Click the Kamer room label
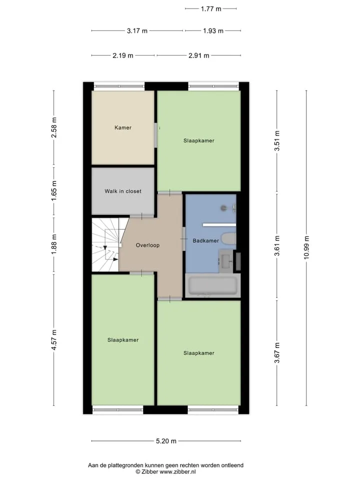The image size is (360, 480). pyautogui.click(x=123, y=127)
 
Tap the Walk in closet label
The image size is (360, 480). pyautogui.click(x=123, y=191)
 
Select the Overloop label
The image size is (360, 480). pyautogui.click(x=147, y=245)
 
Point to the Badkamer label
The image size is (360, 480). pyautogui.click(x=205, y=240)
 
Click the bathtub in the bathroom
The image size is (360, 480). pyautogui.click(x=213, y=285)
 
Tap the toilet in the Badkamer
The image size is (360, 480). pyautogui.click(x=228, y=239)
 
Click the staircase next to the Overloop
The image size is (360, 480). pyautogui.click(x=106, y=244)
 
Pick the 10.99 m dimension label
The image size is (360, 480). pyautogui.click(x=306, y=247)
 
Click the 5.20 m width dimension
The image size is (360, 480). pyautogui.click(x=166, y=441)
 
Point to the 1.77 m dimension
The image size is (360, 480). pyautogui.click(x=211, y=9)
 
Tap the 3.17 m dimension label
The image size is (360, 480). pyautogui.click(x=137, y=31)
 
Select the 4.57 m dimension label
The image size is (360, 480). pyautogui.click(x=54, y=340)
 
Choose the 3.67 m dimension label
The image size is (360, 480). pyautogui.click(x=277, y=353)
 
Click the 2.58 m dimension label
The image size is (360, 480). pyautogui.click(x=54, y=127)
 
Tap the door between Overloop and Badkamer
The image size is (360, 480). pyautogui.click(x=184, y=238)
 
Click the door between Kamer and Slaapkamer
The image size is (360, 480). pyautogui.click(x=155, y=135)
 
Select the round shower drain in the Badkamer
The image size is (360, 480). pyautogui.click(x=224, y=208)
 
